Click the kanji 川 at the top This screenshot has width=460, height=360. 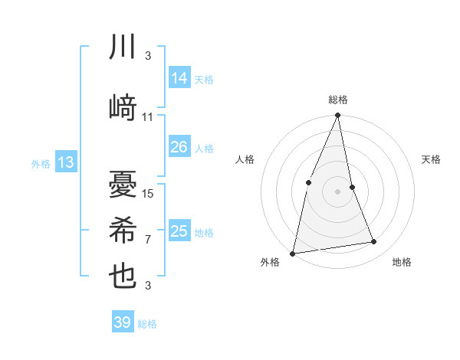[123, 48]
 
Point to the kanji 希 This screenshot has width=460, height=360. [123, 230]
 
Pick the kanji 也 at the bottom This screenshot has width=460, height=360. [123, 277]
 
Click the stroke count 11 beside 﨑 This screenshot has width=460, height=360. [148, 117]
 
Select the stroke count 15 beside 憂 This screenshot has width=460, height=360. [149, 194]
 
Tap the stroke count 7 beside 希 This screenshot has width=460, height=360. [148, 240]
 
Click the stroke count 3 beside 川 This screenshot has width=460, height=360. [148, 56]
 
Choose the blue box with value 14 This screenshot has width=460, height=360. [179, 78]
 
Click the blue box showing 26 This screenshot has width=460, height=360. [179, 147]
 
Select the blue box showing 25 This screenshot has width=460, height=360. [179, 231]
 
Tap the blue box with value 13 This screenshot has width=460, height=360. [66, 162]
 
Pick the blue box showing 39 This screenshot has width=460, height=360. [123, 322]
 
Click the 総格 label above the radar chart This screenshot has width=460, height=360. [337, 100]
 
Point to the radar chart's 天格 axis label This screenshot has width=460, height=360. [431, 159]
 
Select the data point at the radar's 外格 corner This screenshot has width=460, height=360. [293, 253]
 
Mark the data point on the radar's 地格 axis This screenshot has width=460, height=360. [374, 242]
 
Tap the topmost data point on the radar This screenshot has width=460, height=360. [337, 116]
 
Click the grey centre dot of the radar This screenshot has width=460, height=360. [337, 191]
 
